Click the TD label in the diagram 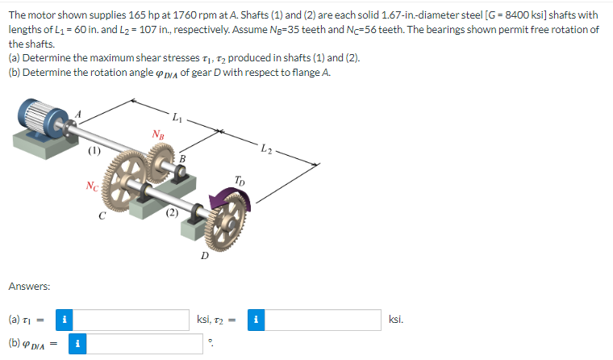pyautogui.click(x=240, y=181)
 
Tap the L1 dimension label pyautogui.click(x=177, y=116)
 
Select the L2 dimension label pyautogui.click(x=267, y=149)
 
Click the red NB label pyautogui.click(x=158, y=135)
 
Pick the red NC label pyautogui.click(x=92, y=186)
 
